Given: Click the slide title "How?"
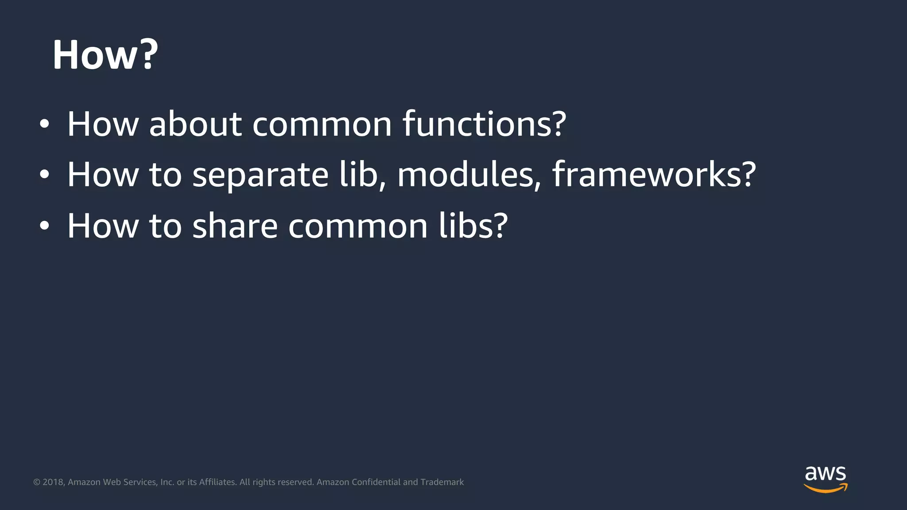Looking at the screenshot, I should tap(105, 55).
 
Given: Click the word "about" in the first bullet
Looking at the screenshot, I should tap(195, 124).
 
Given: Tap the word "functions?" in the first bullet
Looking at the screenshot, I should tap(484, 124).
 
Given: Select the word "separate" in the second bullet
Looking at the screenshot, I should tap(260, 175).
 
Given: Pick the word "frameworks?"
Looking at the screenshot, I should tap(654, 174).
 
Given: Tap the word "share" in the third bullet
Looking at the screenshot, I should tap(235, 226).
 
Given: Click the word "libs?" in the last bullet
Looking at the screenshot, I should tap(473, 226).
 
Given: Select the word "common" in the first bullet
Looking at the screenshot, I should tap(322, 124).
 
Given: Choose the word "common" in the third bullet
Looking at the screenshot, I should tap(358, 226).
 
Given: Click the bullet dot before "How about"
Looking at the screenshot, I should tap(44, 124).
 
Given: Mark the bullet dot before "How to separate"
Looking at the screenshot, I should tap(44, 175).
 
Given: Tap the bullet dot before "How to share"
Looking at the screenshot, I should tap(44, 226).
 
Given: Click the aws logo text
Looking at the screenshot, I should tap(825, 474).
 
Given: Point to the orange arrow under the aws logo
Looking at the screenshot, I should tap(826, 488).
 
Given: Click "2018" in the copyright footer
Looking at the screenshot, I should tap(54, 482).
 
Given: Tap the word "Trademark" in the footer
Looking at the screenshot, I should tap(442, 482).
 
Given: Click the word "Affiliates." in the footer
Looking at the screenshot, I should tap(217, 482).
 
